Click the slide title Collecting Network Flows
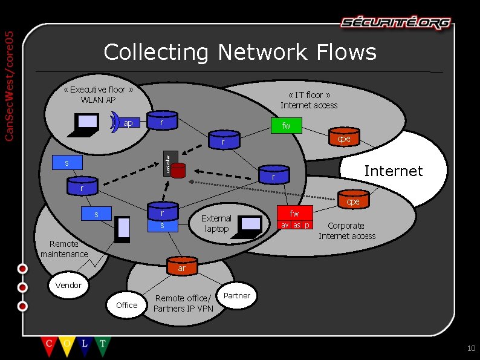click(x=240, y=52)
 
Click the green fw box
click(x=286, y=126)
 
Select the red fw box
click(x=294, y=213)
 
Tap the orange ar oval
click(x=181, y=267)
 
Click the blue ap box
click(x=128, y=123)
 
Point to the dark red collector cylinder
click(x=177, y=171)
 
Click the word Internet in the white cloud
click(x=393, y=171)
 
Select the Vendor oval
click(x=68, y=285)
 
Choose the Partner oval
click(x=237, y=295)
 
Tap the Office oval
click(x=126, y=305)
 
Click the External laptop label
click(x=216, y=223)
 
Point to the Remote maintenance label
click(x=64, y=249)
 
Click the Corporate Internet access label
click(x=347, y=231)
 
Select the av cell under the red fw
click(x=285, y=225)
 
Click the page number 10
click(x=472, y=348)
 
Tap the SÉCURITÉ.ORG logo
click(x=395, y=23)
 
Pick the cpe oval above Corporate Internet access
click(x=353, y=201)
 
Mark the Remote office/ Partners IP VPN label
click(x=183, y=303)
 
